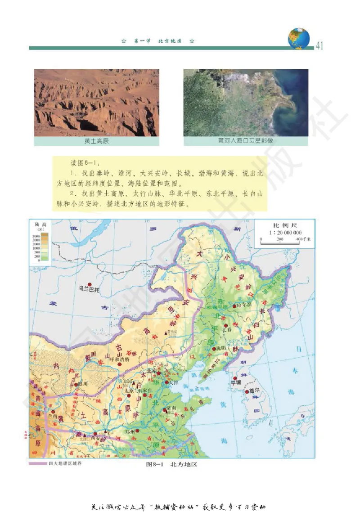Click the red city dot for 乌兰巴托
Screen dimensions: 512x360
pos(90,284)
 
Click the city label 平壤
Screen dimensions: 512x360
pos(236,382)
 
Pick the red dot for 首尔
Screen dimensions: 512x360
pos(247,392)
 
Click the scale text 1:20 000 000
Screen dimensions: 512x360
pos(286,233)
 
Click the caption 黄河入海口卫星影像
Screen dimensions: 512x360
pos(246,140)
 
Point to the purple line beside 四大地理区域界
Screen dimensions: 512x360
pos(37,463)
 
